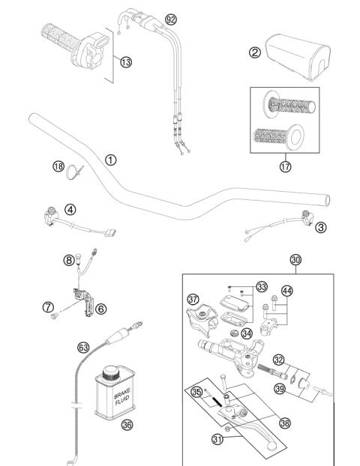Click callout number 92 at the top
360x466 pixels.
coord(171,17)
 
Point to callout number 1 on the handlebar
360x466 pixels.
coord(110,160)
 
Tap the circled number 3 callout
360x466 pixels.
coord(320,226)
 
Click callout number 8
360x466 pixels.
coord(68,260)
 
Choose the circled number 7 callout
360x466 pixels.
coord(47,306)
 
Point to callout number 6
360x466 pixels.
coord(100,307)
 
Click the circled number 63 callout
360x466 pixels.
coord(84,346)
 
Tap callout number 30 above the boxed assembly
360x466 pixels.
coord(296,259)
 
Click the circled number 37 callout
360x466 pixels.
coord(193,299)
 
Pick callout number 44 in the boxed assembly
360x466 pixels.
coord(286,290)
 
